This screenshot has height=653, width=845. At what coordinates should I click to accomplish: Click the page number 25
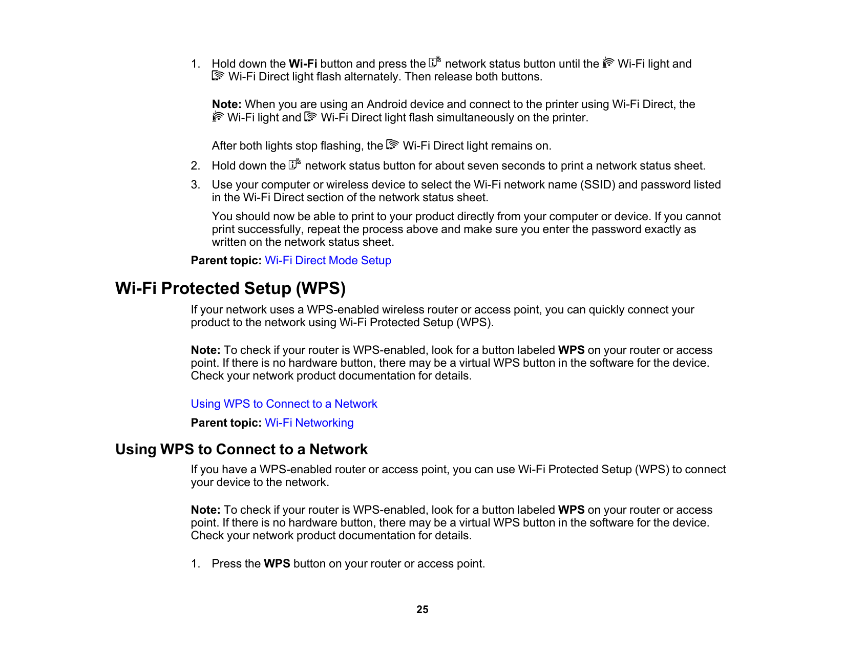click(422, 609)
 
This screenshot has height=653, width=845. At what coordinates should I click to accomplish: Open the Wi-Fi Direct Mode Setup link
click(328, 261)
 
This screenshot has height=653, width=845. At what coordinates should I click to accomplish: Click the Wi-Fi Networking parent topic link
click(309, 423)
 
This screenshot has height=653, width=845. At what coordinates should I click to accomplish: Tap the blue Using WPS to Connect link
click(284, 404)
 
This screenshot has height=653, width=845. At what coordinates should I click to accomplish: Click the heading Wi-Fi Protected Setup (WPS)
click(230, 288)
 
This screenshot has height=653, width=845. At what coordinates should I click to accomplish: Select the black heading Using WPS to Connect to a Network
click(241, 450)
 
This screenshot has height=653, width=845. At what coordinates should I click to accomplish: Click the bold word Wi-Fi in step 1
click(303, 64)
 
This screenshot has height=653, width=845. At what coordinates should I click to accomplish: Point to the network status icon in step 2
click(294, 164)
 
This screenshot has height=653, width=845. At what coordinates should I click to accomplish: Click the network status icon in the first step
click(435, 62)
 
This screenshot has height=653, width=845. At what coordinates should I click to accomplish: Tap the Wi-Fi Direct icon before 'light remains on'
click(392, 145)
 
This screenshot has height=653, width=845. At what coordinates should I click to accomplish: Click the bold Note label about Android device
click(226, 104)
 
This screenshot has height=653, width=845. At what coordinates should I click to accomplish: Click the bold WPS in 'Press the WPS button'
click(277, 564)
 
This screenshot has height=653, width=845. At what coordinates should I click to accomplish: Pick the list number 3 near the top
click(195, 185)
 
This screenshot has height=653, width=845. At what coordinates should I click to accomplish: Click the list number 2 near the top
click(195, 166)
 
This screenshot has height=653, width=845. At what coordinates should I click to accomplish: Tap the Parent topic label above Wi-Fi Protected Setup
click(226, 261)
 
